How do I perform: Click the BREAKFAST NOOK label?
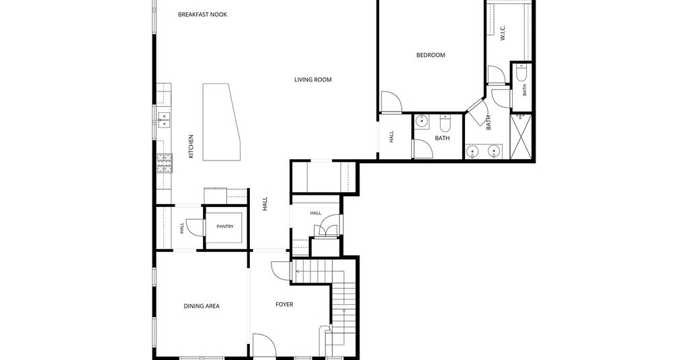(x=203, y=15)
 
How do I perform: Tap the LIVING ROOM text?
(x=313, y=80)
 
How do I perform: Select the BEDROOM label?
(x=431, y=55)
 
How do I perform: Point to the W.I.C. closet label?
(x=503, y=33)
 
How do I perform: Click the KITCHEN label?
(x=191, y=146)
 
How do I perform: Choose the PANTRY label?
(x=225, y=227)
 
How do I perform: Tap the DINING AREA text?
(x=202, y=306)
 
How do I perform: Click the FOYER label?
(x=284, y=304)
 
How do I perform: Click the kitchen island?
(x=222, y=122)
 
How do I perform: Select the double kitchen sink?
(x=164, y=120)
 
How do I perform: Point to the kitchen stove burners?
(x=165, y=163)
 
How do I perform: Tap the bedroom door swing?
(x=391, y=101)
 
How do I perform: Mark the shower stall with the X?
(x=521, y=136)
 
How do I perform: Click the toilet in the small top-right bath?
(x=521, y=73)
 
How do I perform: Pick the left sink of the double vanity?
(x=473, y=152)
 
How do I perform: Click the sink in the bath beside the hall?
(x=422, y=121)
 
